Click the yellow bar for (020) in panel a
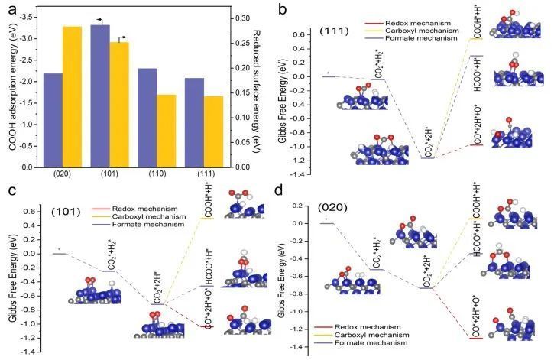72,96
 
